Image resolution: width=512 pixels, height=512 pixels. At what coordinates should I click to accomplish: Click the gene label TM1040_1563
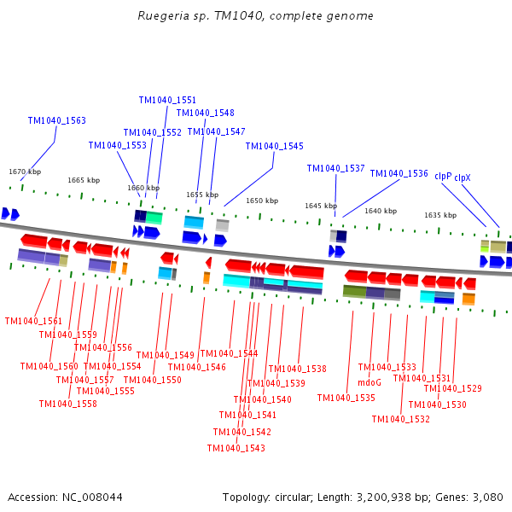(x=56, y=120)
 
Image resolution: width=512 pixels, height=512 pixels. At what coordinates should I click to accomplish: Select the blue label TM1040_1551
(x=167, y=100)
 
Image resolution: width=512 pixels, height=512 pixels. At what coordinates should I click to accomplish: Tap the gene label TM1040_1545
(x=274, y=146)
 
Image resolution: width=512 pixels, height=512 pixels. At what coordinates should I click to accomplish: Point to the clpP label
(x=443, y=176)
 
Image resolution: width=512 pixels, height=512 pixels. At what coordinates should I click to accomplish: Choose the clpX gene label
(x=463, y=177)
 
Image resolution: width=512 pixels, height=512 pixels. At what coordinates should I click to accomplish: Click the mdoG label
(x=369, y=382)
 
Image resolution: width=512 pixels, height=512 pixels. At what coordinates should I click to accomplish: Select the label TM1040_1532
(x=400, y=419)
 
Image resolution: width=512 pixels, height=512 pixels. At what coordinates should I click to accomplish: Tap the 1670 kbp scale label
(x=25, y=172)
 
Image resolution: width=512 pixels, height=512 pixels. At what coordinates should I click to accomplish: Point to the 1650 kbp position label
(x=262, y=201)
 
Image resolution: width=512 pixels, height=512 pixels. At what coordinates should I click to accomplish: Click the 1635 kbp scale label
(x=440, y=215)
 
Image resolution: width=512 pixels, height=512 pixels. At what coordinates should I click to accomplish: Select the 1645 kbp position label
(x=322, y=206)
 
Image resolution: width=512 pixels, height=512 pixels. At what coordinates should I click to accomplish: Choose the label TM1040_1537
(x=335, y=168)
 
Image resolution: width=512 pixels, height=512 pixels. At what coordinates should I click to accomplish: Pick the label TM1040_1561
(x=33, y=321)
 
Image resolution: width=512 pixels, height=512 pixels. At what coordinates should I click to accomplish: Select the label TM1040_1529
(x=452, y=388)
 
